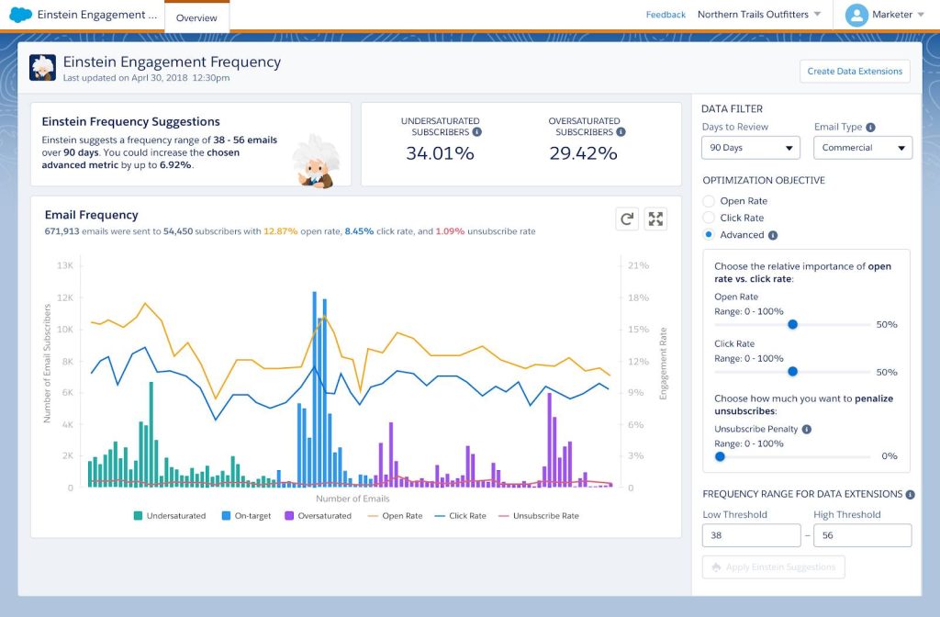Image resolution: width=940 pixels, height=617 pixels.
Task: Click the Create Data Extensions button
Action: tap(855, 71)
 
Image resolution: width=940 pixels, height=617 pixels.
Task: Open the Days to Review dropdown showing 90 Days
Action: tap(751, 148)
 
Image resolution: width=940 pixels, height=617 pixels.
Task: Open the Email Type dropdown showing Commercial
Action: tap(863, 148)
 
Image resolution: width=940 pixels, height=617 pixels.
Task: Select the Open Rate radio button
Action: tap(709, 201)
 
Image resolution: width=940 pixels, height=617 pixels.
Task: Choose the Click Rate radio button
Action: tap(709, 218)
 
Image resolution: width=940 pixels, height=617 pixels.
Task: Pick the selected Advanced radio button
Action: tap(709, 235)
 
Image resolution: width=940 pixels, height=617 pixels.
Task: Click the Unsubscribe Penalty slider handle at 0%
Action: tap(720, 456)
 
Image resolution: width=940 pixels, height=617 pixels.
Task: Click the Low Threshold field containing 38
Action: tap(751, 535)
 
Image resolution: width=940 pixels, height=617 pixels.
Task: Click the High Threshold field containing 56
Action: tap(862, 535)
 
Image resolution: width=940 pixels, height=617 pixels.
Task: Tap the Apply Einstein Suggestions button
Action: tap(773, 567)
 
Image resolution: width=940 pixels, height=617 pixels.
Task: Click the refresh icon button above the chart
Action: tap(627, 219)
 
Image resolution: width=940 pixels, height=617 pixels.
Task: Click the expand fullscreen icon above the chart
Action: tap(655, 219)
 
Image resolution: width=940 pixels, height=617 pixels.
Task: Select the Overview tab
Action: tap(196, 17)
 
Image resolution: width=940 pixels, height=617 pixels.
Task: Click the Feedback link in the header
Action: tap(666, 15)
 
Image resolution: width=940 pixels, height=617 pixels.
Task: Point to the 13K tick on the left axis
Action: tap(65, 265)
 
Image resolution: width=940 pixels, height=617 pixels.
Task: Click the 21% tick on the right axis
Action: tap(638, 265)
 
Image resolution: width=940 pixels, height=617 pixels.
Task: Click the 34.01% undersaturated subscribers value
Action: tap(440, 153)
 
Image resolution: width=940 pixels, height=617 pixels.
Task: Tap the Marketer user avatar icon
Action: tap(856, 15)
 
